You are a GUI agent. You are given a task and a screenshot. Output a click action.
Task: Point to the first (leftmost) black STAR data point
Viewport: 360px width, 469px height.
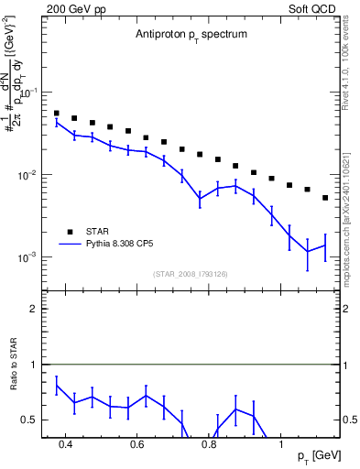point(57,114)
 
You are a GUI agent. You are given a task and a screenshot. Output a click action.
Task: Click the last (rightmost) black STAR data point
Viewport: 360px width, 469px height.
point(325,197)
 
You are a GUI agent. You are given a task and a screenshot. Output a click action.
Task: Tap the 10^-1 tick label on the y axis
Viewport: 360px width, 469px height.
point(29,93)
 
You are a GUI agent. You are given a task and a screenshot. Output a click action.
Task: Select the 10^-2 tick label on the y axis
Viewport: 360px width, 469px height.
point(29,175)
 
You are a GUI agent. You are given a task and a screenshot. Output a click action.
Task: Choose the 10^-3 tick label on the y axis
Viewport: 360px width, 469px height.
point(29,256)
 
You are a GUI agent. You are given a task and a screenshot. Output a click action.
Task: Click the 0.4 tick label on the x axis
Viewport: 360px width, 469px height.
point(65,444)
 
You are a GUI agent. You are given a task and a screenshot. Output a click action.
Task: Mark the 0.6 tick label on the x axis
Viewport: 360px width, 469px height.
point(137,444)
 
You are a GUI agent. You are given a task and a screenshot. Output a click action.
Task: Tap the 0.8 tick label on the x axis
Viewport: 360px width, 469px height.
point(209,444)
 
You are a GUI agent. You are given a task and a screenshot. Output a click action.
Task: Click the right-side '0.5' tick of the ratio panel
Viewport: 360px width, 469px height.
point(350,420)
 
